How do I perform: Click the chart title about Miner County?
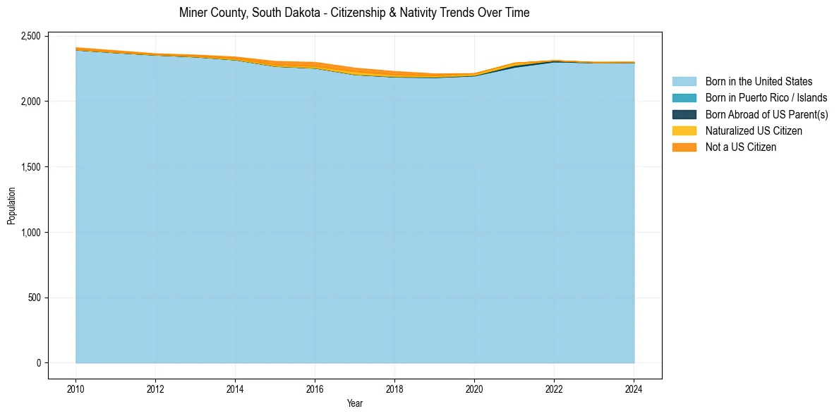(x=354, y=13)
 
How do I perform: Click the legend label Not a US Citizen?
(x=740, y=147)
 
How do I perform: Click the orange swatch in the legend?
(x=684, y=147)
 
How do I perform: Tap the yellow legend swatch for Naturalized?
(x=684, y=130)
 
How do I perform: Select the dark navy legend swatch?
(x=684, y=114)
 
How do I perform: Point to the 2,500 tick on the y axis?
(x=31, y=36)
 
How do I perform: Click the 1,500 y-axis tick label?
(x=31, y=167)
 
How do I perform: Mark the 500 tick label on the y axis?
(x=35, y=298)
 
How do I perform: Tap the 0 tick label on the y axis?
(x=40, y=363)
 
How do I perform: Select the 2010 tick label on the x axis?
(x=76, y=388)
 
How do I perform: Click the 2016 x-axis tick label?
(x=315, y=388)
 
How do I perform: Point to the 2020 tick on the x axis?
(x=474, y=388)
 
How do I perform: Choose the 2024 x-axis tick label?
(x=634, y=388)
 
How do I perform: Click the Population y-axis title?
(x=11, y=206)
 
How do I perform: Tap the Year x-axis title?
(x=355, y=403)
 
